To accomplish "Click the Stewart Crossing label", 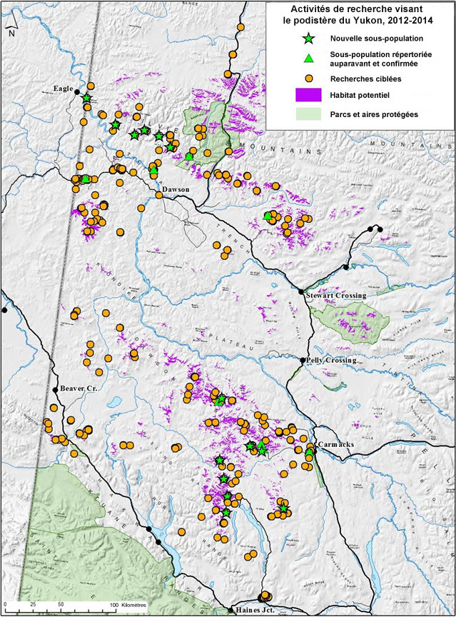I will (335, 295).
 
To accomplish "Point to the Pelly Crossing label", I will (330, 361).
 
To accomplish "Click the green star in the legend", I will (308, 38).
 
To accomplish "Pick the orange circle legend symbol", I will (308, 78).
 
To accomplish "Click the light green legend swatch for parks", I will (308, 114).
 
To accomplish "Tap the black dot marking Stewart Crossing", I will (301, 291).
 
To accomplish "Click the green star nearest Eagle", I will (86, 98).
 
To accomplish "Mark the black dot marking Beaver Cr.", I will (55, 389).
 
